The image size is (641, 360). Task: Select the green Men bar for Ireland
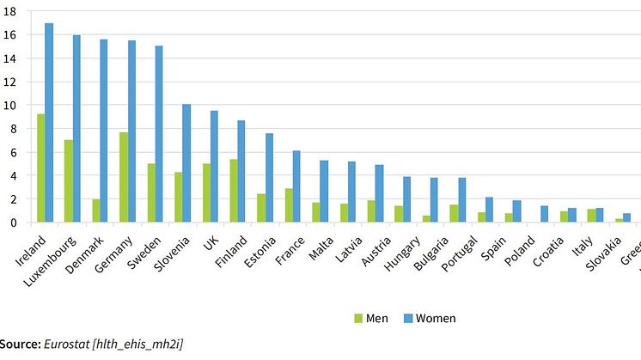(40, 168)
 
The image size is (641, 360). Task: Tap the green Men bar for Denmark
(95, 211)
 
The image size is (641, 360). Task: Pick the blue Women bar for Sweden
(159, 134)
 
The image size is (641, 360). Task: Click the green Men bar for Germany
(123, 177)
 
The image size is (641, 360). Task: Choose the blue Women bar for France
(296, 186)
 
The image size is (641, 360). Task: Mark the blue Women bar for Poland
(544, 214)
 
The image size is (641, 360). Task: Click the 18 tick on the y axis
(9, 12)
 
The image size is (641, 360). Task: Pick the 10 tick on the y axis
(9, 106)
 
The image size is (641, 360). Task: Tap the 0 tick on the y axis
(13, 223)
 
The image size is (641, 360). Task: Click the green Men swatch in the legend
(358, 319)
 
